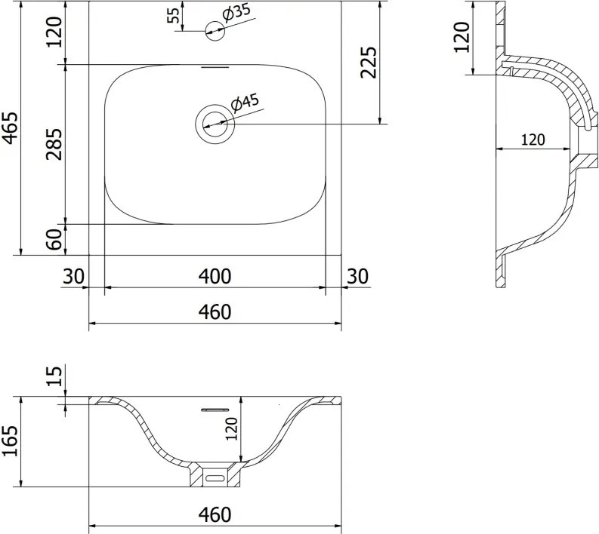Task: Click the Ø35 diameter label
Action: tap(236, 14)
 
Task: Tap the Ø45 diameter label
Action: tap(245, 103)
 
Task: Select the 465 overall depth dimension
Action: tap(11, 128)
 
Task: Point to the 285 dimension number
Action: tap(54, 144)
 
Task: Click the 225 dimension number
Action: tap(369, 62)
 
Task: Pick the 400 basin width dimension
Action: tap(215, 277)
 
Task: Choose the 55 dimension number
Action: tap(174, 15)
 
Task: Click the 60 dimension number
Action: tap(54, 240)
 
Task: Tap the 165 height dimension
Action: tap(11, 440)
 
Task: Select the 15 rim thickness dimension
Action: tap(54, 376)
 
